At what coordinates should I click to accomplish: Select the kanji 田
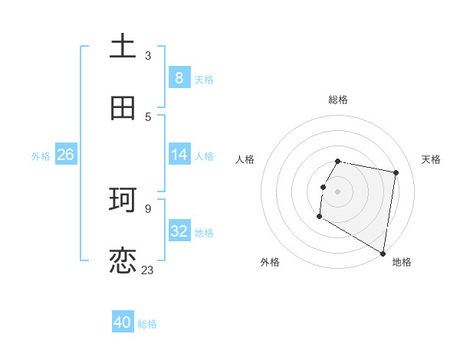(x=123, y=109)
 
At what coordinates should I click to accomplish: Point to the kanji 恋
(x=123, y=261)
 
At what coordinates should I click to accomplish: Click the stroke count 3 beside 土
(x=148, y=55)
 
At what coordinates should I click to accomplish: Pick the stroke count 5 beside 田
(x=148, y=116)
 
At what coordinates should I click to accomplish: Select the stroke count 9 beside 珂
(x=148, y=207)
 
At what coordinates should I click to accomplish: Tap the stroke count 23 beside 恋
(x=148, y=270)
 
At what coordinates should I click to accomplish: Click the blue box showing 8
(x=179, y=77)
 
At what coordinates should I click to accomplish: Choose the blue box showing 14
(x=179, y=155)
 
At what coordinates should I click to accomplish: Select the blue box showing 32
(x=179, y=231)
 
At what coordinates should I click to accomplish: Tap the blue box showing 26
(x=65, y=155)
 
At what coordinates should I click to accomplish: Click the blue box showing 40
(x=123, y=322)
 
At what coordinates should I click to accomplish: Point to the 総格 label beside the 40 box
(x=147, y=324)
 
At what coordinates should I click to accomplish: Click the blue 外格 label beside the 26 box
(x=41, y=156)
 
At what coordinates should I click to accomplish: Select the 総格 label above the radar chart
(x=338, y=100)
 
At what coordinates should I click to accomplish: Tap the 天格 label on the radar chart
(x=431, y=159)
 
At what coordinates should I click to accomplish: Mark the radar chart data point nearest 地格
(x=383, y=254)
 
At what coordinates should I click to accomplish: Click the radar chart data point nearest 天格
(x=396, y=173)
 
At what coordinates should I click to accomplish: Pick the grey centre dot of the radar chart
(x=338, y=191)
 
